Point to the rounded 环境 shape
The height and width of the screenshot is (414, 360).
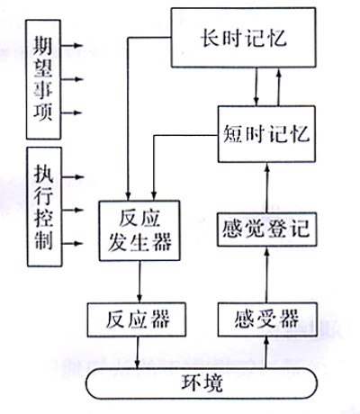tap(200, 382)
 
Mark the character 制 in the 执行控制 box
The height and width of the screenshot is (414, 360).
tap(42, 241)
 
